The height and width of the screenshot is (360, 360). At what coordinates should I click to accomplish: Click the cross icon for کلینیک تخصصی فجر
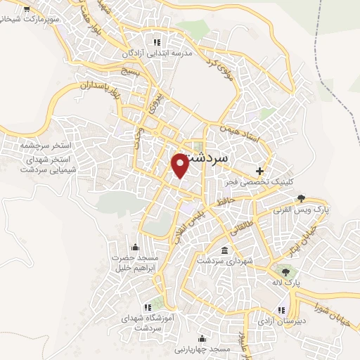(x=260, y=171)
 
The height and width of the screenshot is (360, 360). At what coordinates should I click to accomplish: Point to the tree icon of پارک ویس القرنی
(x=302, y=198)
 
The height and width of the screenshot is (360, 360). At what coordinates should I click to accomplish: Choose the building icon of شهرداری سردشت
(x=224, y=251)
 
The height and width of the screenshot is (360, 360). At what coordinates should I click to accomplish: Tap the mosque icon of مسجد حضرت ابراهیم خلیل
(x=136, y=247)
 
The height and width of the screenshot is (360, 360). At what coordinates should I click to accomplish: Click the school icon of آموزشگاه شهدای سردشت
(x=148, y=307)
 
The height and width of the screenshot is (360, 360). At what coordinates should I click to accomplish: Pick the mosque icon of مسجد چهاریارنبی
(x=202, y=338)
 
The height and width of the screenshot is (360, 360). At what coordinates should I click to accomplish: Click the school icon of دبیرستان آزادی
(x=281, y=310)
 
